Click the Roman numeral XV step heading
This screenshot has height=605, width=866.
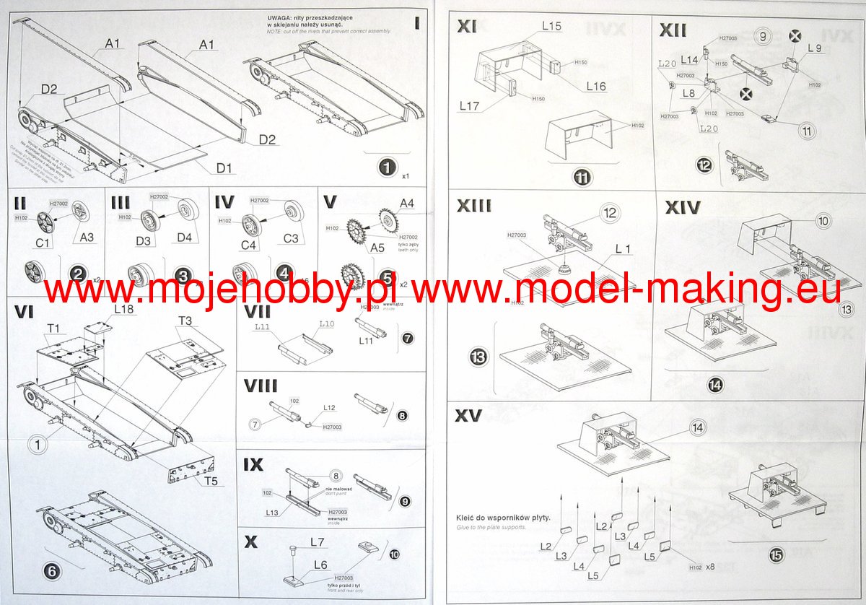(469, 416)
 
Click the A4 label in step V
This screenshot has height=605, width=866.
(407, 204)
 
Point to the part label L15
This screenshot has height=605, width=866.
(552, 26)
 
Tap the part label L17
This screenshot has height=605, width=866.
(470, 106)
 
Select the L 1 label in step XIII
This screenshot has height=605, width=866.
(624, 248)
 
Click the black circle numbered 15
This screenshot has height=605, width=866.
(776, 554)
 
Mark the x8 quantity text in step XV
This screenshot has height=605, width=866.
(710, 565)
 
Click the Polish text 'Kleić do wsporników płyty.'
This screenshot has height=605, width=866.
(503, 518)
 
